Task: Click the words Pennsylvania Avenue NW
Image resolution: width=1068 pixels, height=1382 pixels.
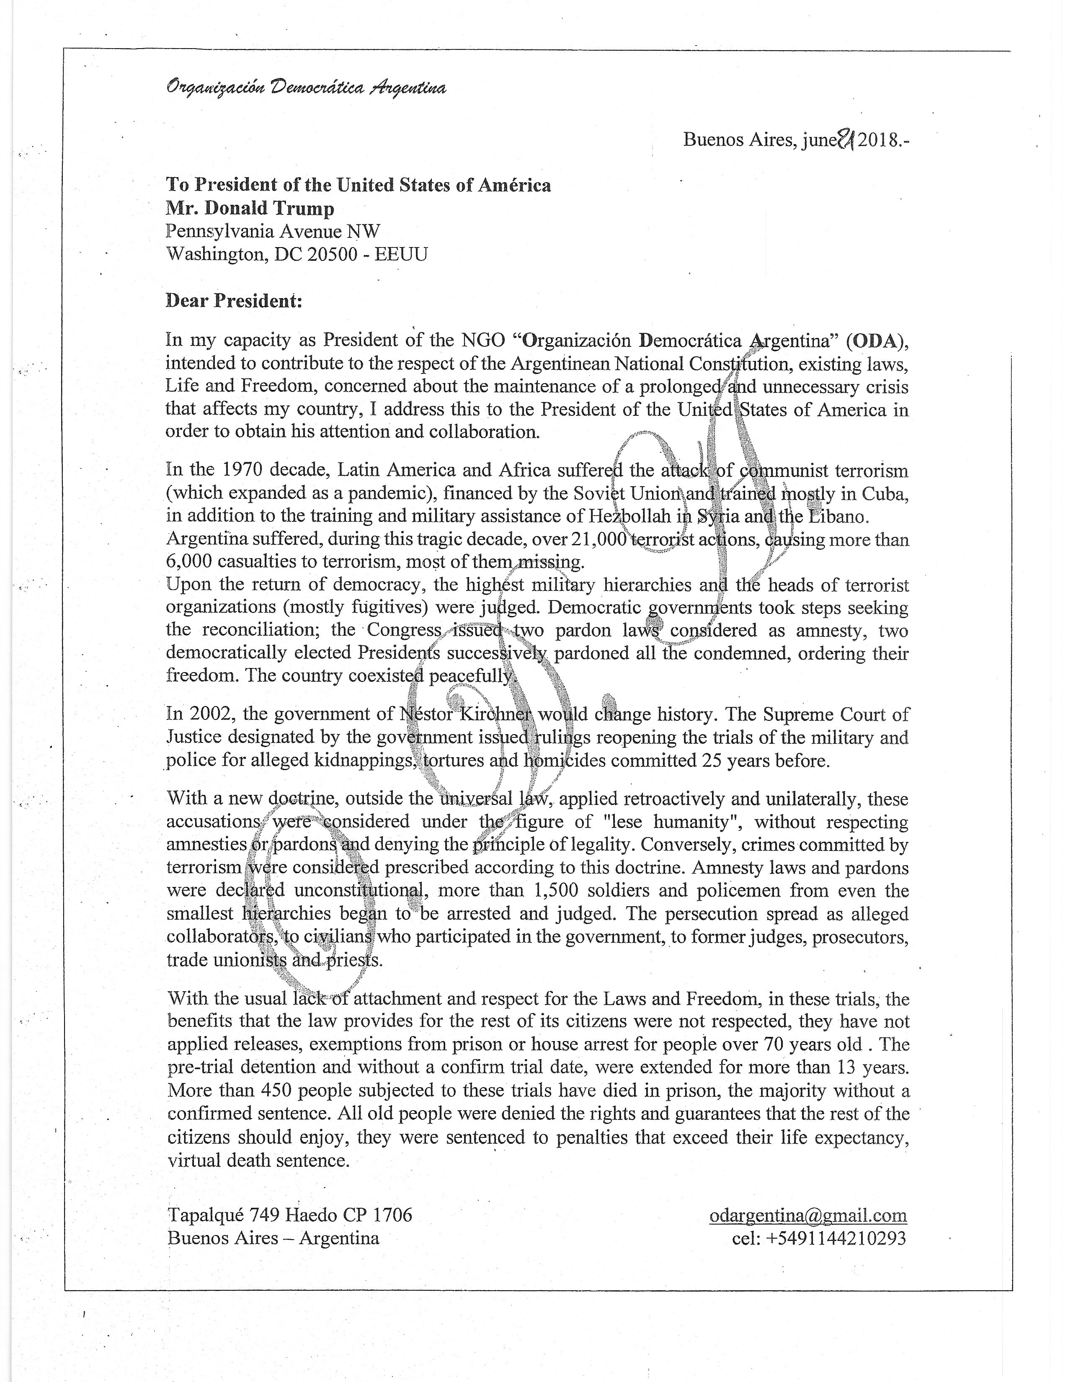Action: click(x=273, y=231)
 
